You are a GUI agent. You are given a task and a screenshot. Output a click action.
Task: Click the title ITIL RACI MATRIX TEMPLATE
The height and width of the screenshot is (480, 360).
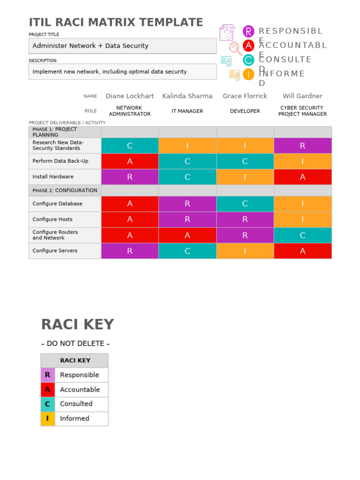click(x=116, y=22)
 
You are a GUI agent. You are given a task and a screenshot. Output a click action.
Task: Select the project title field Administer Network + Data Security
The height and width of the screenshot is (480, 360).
click(x=122, y=46)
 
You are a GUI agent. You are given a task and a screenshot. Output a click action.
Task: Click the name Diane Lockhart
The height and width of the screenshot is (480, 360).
click(x=130, y=96)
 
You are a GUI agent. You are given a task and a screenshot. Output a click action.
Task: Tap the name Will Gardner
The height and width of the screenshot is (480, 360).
click(x=302, y=96)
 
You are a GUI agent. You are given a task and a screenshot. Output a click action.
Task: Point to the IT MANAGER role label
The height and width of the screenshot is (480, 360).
click(x=187, y=112)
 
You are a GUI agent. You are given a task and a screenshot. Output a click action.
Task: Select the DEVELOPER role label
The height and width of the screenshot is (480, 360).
click(x=245, y=112)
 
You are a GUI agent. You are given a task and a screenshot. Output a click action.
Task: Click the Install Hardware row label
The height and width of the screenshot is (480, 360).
click(x=53, y=177)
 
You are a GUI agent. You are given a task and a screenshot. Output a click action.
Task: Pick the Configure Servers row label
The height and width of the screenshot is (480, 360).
click(x=55, y=251)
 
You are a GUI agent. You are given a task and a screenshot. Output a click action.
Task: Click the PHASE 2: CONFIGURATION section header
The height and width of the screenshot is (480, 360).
click(x=65, y=190)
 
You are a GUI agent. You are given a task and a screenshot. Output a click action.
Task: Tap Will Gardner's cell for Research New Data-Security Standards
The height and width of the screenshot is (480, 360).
click(x=302, y=146)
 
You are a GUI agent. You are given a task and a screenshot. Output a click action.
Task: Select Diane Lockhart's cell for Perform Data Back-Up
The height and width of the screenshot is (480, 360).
click(x=130, y=161)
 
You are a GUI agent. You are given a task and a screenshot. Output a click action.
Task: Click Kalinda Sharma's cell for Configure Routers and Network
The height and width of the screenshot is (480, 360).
click(x=187, y=235)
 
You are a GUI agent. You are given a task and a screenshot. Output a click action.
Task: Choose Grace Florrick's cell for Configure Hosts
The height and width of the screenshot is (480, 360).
click(x=245, y=219)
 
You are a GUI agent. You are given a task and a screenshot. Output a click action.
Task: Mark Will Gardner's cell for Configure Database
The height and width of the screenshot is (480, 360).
click(x=302, y=204)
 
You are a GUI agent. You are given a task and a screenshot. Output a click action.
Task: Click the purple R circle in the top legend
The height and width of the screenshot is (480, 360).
click(x=248, y=31)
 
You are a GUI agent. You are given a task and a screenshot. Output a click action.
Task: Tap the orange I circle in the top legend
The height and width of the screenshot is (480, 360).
click(x=248, y=74)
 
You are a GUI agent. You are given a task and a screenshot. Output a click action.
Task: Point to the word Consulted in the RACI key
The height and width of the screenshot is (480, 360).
click(x=76, y=404)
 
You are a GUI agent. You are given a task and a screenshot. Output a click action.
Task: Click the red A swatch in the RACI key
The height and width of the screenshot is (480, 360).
click(x=47, y=390)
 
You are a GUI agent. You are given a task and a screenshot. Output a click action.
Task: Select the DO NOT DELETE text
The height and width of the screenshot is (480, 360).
click(x=75, y=344)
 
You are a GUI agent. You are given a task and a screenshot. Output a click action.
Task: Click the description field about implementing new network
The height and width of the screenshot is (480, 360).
click(x=122, y=72)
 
